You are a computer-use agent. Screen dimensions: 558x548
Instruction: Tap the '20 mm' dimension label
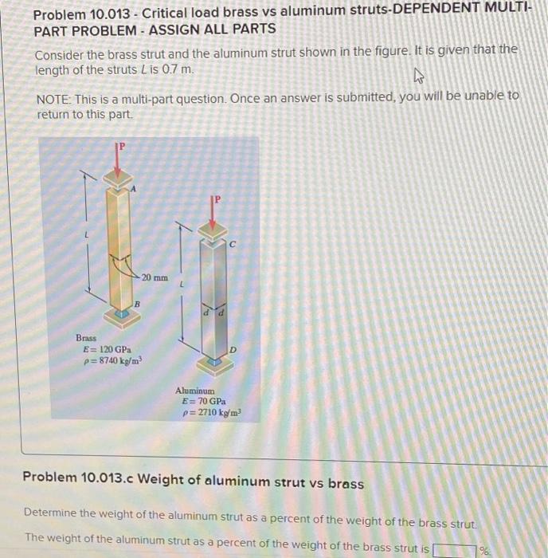(155, 277)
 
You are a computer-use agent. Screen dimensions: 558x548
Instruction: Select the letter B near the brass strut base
(136, 305)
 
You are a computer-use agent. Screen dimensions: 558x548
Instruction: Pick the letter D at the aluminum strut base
(232, 350)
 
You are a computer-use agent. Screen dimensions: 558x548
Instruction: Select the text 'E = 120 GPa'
(108, 350)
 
